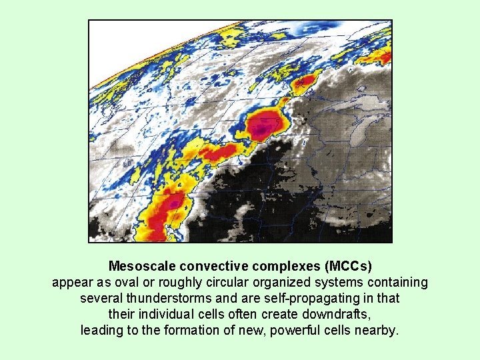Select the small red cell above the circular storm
(305, 82)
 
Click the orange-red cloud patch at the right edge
(385, 57)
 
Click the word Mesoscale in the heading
(140, 267)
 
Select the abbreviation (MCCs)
(348, 267)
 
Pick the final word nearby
(379, 330)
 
